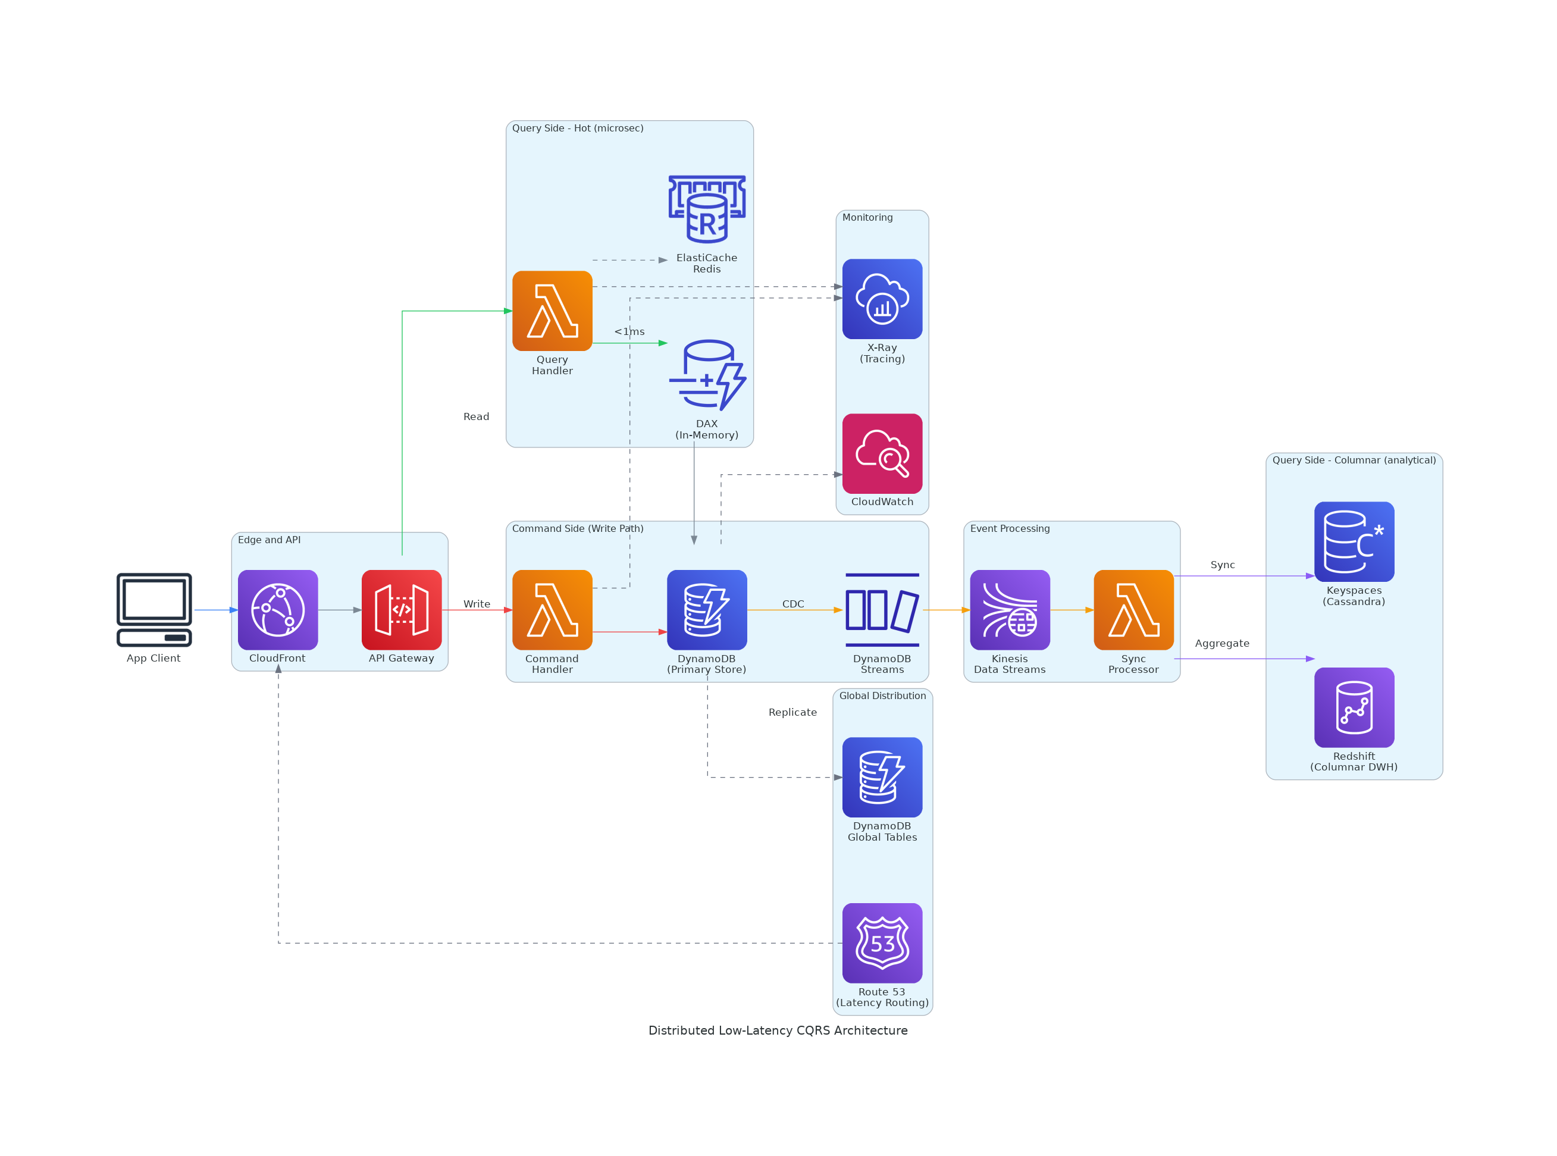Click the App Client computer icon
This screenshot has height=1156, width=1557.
pyautogui.click(x=154, y=609)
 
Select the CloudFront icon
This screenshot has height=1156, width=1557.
pyautogui.click(x=278, y=609)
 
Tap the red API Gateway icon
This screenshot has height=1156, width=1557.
pyautogui.click(x=402, y=609)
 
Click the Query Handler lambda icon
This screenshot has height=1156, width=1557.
pyautogui.click(x=552, y=311)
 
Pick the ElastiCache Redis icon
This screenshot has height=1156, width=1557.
pyautogui.click(x=707, y=208)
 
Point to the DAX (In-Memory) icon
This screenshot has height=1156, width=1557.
pyautogui.click(x=707, y=375)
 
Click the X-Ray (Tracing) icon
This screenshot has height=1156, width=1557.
pyautogui.click(x=882, y=299)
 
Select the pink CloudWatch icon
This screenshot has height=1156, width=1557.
pyautogui.click(x=882, y=453)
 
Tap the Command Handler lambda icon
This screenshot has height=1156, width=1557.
pyautogui.click(x=552, y=609)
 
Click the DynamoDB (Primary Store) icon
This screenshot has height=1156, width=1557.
pyautogui.click(x=707, y=609)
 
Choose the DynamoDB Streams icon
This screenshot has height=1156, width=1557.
pyautogui.click(x=882, y=609)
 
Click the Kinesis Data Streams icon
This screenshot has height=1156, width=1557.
pyautogui.click(x=1010, y=609)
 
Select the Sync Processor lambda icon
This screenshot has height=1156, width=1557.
pyautogui.click(x=1133, y=609)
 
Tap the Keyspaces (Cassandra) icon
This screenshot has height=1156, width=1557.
pyautogui.click(x=1354, y=541)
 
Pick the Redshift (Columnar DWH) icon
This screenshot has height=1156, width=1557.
pyautogui.click(x=1354, y=707)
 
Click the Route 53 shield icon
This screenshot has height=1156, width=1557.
pyautogui.click(x=882, y=942)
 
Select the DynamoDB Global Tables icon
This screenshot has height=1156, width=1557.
pyautogui.click(x=882, y=777)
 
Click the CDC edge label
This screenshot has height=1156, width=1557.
pyautogui.click(x=793, y=604)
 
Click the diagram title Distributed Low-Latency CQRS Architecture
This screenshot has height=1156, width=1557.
pyautogui.click(x=778, y=1030)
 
